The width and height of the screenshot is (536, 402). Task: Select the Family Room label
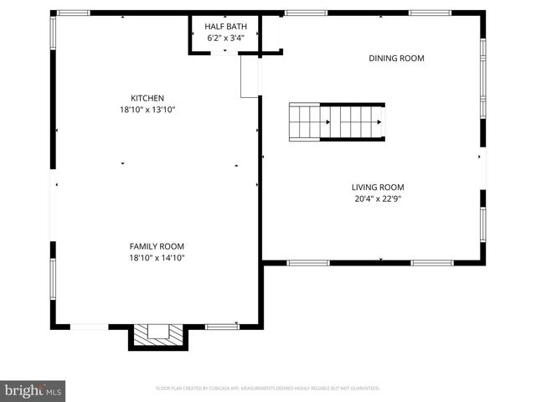coord(157,246)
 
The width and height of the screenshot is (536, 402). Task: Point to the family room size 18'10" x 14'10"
coord(157,259)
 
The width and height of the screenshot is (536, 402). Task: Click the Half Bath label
coord(224,26)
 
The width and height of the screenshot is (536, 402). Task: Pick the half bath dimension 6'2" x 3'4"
coord(224,38)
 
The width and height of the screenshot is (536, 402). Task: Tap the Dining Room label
coord(397,59)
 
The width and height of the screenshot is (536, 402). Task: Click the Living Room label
coord(378,188)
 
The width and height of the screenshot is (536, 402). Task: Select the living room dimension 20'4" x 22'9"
coord(378,199)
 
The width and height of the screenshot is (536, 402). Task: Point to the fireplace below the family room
coord(157,335)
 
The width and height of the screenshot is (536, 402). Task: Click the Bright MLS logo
coord(33,390)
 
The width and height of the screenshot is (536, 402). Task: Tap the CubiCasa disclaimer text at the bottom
coord(268,389)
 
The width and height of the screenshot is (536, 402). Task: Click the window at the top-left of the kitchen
coord(74,13)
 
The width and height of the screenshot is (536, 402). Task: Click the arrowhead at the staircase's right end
coord(379,122)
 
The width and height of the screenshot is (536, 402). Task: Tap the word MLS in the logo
coord(53,391)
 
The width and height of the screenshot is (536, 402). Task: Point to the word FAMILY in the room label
coord(143,246)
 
